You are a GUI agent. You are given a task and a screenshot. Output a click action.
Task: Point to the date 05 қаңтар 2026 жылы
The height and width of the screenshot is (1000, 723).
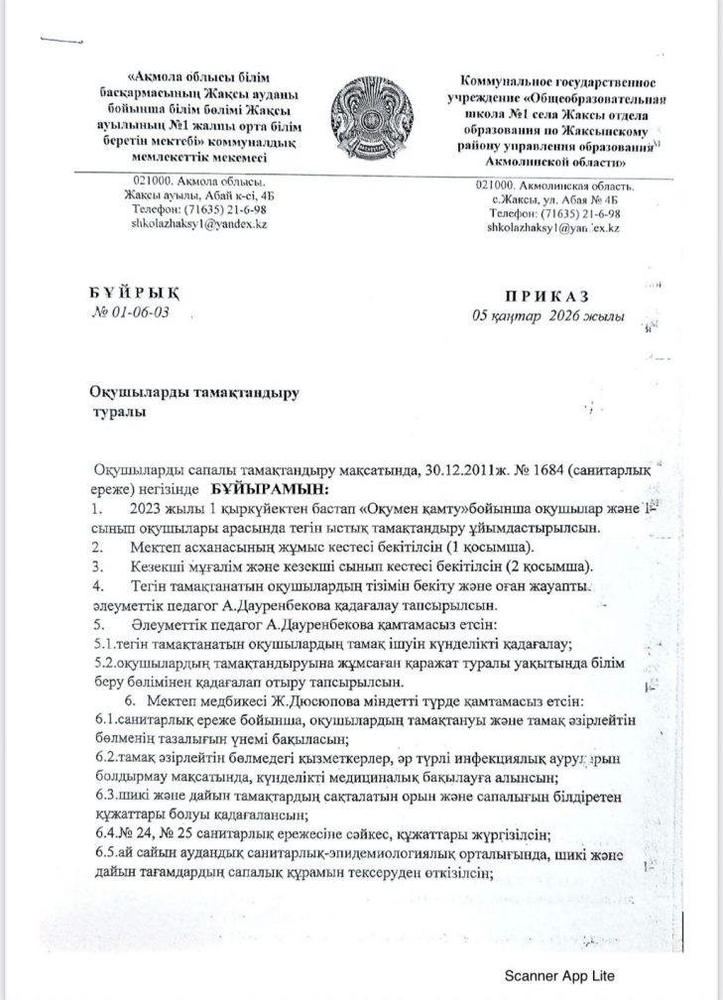pyautogui.click(x=549, y=316)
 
